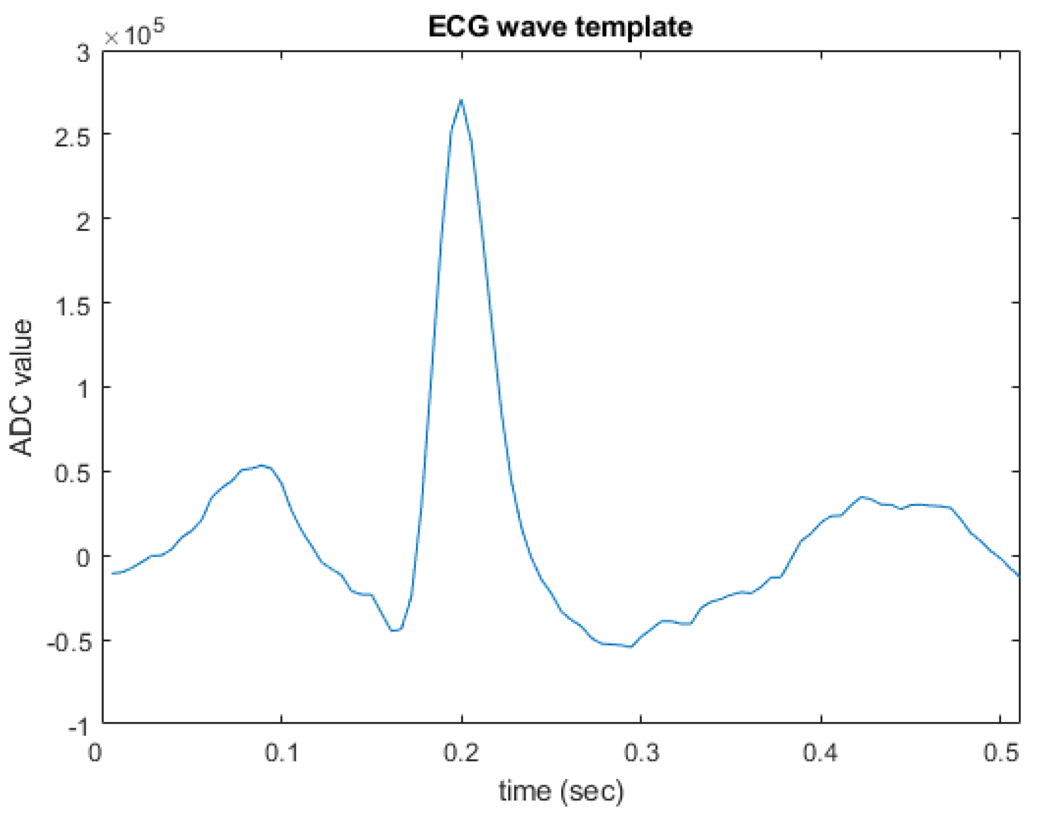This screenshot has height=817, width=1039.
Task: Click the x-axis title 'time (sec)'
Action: (561, 791)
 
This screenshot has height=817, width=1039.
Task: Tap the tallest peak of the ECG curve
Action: (461, 100)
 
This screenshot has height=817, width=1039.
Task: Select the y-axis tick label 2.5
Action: (73, 137)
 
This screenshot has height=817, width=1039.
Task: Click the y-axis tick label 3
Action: (83, 54)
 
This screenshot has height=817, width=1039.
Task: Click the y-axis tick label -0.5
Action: (68, 643)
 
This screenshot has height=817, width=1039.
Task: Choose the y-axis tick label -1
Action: (78, 727)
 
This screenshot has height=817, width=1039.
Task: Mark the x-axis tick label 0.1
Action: (282, 753)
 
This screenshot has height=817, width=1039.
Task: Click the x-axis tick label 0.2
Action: (461, 753)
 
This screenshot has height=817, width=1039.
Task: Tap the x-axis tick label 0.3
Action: (641, 753)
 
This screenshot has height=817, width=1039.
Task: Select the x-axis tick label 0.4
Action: (821, 753)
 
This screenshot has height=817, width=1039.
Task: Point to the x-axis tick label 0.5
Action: (1000, 753)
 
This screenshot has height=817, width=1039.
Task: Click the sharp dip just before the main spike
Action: (394, 630)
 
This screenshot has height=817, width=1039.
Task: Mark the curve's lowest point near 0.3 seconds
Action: (631, 646)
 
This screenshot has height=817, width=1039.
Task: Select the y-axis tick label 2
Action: (83, 222)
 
